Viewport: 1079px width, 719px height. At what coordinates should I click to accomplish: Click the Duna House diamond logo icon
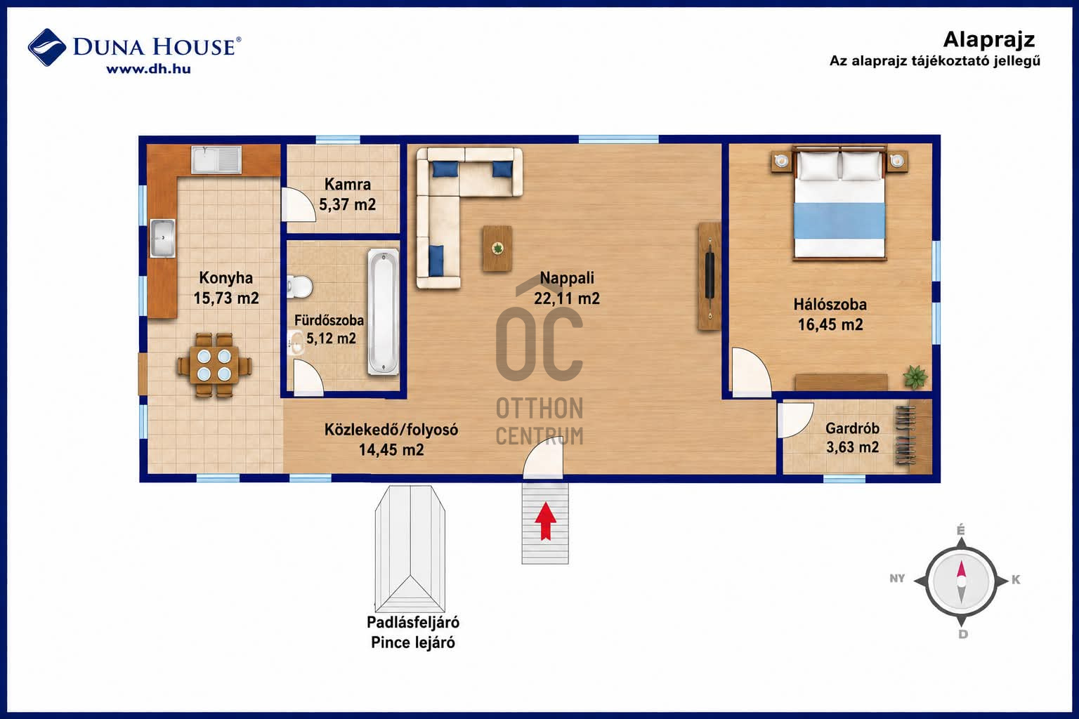coord(47,47)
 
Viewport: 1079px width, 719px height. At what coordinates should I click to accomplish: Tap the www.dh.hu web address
coord(148,69)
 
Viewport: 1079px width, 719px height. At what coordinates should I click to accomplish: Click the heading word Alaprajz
coord(989,40)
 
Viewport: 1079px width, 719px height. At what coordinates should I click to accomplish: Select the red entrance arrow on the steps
coord(545,521)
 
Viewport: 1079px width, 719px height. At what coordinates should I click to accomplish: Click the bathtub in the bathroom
coord(384,312)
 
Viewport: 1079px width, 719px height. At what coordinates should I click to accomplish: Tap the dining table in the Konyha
coord(214,364)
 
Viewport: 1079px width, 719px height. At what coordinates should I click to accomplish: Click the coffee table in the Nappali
coord(497,249)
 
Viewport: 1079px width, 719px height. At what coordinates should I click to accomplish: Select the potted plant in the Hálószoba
coord(915,376)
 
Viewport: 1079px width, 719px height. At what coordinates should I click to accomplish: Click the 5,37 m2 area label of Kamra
coord(347,204)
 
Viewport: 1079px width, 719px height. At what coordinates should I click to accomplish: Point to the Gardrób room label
coord(852,428)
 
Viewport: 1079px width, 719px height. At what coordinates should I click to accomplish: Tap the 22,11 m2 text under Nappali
coord(566,298)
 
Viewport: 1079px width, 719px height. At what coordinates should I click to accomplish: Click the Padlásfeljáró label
coord(413,622)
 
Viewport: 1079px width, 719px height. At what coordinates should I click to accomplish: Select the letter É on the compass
coord(960,530)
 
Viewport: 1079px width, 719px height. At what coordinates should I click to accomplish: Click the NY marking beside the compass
coord(897,579)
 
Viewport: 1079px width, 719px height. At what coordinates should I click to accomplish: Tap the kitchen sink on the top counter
coord(216,159)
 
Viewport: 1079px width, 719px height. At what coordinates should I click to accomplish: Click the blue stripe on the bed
coord(839,220)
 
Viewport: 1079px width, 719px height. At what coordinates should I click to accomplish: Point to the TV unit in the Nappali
coord(709,276)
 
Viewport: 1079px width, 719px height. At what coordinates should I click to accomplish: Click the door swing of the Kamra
coord(299,204)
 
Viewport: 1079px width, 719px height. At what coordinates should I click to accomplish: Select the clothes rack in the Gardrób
coord(907,435)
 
